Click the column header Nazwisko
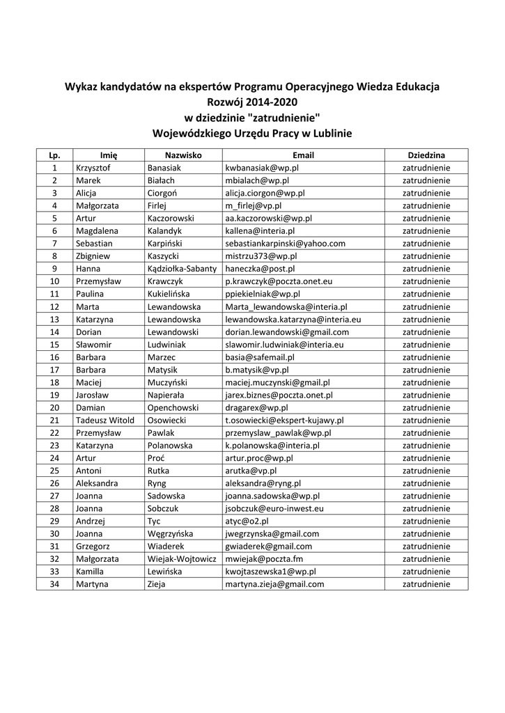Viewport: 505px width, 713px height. point(183,155)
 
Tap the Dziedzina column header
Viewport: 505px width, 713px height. point(426,155)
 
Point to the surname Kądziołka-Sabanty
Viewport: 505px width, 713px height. point(182,268)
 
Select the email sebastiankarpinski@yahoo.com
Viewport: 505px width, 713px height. point(285,243)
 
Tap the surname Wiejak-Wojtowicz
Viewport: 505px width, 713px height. point(182,558)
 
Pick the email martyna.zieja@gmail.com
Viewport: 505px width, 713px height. point(274,584)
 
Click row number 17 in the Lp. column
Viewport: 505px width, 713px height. point(54,370)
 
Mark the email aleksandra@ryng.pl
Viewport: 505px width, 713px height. point(263,483)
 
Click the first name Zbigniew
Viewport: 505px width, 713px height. point(95,256)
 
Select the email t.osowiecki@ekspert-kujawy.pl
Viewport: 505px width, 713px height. point(284,420)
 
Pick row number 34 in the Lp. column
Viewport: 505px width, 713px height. point(54,584)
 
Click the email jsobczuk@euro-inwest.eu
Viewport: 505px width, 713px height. point(274,508)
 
